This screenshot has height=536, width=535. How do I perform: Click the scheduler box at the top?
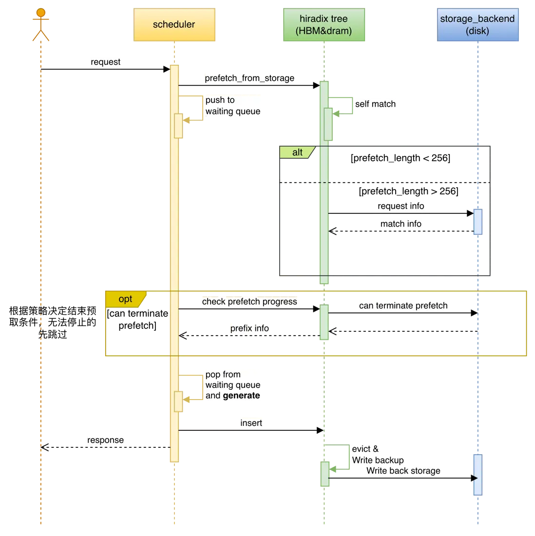pos(174,25)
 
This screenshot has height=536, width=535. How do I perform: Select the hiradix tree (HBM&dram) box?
pos(324,25)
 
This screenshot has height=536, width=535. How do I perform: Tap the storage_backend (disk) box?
pos(478,25)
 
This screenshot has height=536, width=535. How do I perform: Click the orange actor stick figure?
pos(41,24)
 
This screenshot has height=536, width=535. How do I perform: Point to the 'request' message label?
pos(105,62)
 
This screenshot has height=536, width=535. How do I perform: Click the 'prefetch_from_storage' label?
pos(249,78)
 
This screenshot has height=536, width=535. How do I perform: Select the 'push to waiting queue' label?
pos(232,106)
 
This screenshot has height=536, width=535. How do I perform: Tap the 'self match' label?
pos(375,104)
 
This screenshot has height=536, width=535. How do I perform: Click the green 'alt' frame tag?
pos(297,153)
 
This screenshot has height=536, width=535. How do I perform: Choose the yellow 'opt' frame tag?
pos(125,299)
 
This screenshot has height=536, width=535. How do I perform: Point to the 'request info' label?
pos(401,206)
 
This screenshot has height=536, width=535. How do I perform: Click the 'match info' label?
pos(401,224)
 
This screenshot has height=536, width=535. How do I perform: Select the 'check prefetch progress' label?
pos(249,302)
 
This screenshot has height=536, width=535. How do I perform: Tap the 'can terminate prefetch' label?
pos(403,306)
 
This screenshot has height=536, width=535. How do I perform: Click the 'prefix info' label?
pos(249,328)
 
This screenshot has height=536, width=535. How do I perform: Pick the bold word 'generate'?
pos(241,396)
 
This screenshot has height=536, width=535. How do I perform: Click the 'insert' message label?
pos(251,423)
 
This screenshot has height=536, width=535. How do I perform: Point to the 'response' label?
pos(105,440)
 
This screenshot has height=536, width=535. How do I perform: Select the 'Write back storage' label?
pos(403,471)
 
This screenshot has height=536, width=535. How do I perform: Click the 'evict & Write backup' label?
pos(378,455)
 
